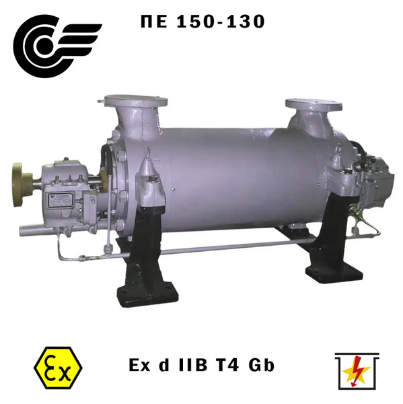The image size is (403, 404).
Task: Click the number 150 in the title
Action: tap(195, 21)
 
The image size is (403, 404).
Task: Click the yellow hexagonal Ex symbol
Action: tap(59, 368)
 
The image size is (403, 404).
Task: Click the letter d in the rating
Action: tap(164, 365)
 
